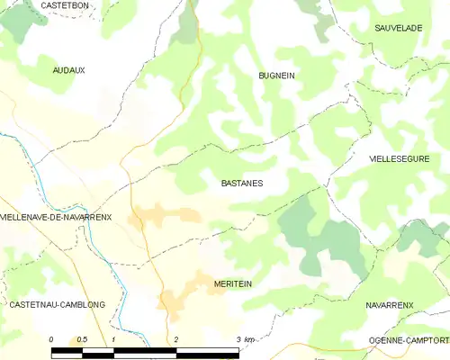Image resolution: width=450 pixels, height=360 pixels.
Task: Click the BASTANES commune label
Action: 242,183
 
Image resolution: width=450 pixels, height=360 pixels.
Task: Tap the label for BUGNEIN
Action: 277,76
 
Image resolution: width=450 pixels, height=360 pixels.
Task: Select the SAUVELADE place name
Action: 399,28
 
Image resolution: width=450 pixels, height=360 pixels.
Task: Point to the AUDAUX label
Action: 68,69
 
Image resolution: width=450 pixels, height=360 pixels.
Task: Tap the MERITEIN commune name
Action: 233,283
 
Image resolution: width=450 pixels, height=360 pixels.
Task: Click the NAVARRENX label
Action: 390,305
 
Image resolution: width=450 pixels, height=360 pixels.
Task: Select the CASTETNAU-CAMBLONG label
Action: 57,305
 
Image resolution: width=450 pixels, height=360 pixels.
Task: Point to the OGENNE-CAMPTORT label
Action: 409,340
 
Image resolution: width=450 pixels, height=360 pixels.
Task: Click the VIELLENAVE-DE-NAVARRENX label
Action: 56,218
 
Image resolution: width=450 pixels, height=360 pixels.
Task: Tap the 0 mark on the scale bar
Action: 51,338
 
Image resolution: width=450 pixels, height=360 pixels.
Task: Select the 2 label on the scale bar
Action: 176,338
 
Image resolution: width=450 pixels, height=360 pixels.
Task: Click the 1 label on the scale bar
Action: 113,338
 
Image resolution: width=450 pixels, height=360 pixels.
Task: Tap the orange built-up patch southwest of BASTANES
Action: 162,215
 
